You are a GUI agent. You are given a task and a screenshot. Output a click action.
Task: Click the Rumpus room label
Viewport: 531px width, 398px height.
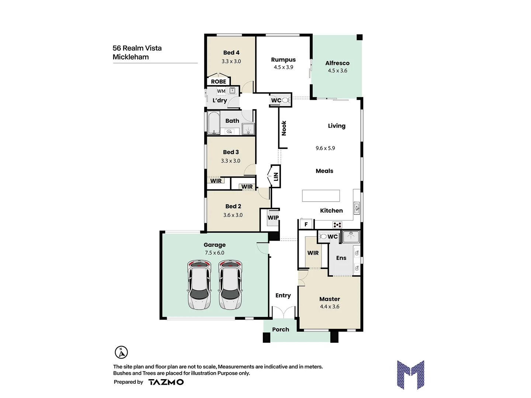click(283, 60)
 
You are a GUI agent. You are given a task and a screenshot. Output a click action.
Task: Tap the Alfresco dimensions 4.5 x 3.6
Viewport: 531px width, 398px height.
click(337, 71)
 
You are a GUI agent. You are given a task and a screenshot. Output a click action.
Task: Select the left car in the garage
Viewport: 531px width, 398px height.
click(199, 284)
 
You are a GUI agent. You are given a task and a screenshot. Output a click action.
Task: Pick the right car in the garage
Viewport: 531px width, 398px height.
click(230, 284)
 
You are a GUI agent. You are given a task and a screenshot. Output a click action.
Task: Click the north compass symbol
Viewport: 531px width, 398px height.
click(121, 352)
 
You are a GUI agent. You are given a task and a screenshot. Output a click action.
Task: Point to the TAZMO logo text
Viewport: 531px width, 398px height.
click(166, 382)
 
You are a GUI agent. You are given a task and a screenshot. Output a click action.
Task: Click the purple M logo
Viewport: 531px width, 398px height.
click(410, 374)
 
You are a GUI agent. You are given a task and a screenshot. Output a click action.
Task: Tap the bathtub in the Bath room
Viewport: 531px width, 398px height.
click(213, 123)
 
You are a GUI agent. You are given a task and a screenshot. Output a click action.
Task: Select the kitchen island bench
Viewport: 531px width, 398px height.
click(320, 196)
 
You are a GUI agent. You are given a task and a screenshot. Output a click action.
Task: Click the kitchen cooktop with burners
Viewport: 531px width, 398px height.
click(337, 224)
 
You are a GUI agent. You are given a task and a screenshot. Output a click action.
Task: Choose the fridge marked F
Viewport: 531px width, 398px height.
click(306, 224)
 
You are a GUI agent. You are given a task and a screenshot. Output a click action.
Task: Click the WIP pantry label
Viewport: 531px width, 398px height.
click(273, 218)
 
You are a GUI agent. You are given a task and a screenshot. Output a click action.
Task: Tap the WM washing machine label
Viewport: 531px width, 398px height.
click(221, 91)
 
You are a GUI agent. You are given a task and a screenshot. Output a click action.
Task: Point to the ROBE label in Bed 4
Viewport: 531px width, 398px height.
click(218, 81)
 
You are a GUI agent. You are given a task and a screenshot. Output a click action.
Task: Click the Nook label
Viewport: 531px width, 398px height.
click(284, 128)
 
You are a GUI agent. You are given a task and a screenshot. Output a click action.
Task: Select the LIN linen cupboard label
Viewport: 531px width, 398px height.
click(275, 177)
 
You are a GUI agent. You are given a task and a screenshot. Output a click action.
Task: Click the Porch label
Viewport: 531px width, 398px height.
click(280, 329)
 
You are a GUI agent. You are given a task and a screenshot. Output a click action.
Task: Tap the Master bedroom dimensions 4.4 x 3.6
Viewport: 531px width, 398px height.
click(329, 307)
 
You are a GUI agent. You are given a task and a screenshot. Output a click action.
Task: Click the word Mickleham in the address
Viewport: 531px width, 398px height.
click(131, 57)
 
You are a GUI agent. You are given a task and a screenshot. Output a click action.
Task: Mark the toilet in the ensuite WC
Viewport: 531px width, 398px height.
click(323, 236)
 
